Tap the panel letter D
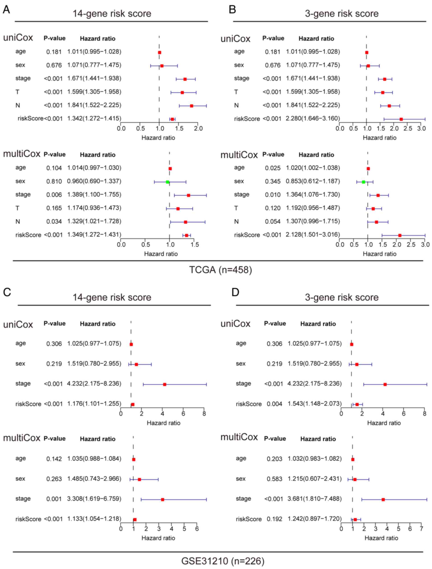235,292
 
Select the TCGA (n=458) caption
220,270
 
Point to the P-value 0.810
54,182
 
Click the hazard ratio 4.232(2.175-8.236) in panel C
94,384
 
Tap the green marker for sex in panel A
168,182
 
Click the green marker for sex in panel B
363,182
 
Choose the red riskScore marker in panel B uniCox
401,119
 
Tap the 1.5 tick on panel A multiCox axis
195,244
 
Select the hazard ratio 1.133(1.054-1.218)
94,519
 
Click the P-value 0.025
273,168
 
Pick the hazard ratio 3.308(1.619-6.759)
94,499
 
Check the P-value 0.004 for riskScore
274,404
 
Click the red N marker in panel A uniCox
191,106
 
